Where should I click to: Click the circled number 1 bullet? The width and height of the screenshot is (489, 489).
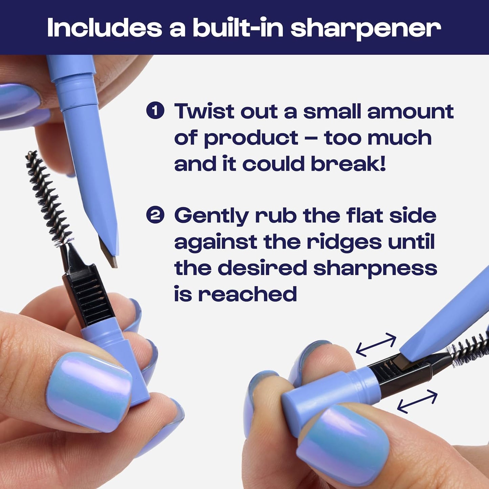(155, 111)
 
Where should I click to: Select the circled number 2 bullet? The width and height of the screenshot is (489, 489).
(155, 215)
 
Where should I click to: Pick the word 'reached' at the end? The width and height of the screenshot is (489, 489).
(247, 294)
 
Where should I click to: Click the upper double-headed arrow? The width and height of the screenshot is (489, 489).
(376, 344)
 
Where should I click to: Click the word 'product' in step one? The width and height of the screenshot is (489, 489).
(251, 138)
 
